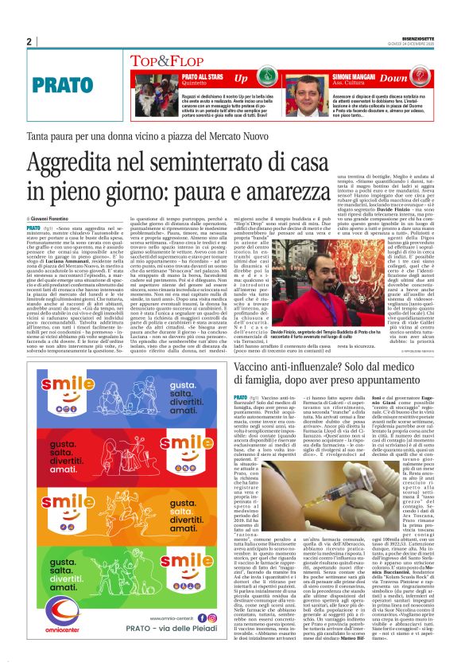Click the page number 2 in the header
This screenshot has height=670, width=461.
29,42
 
